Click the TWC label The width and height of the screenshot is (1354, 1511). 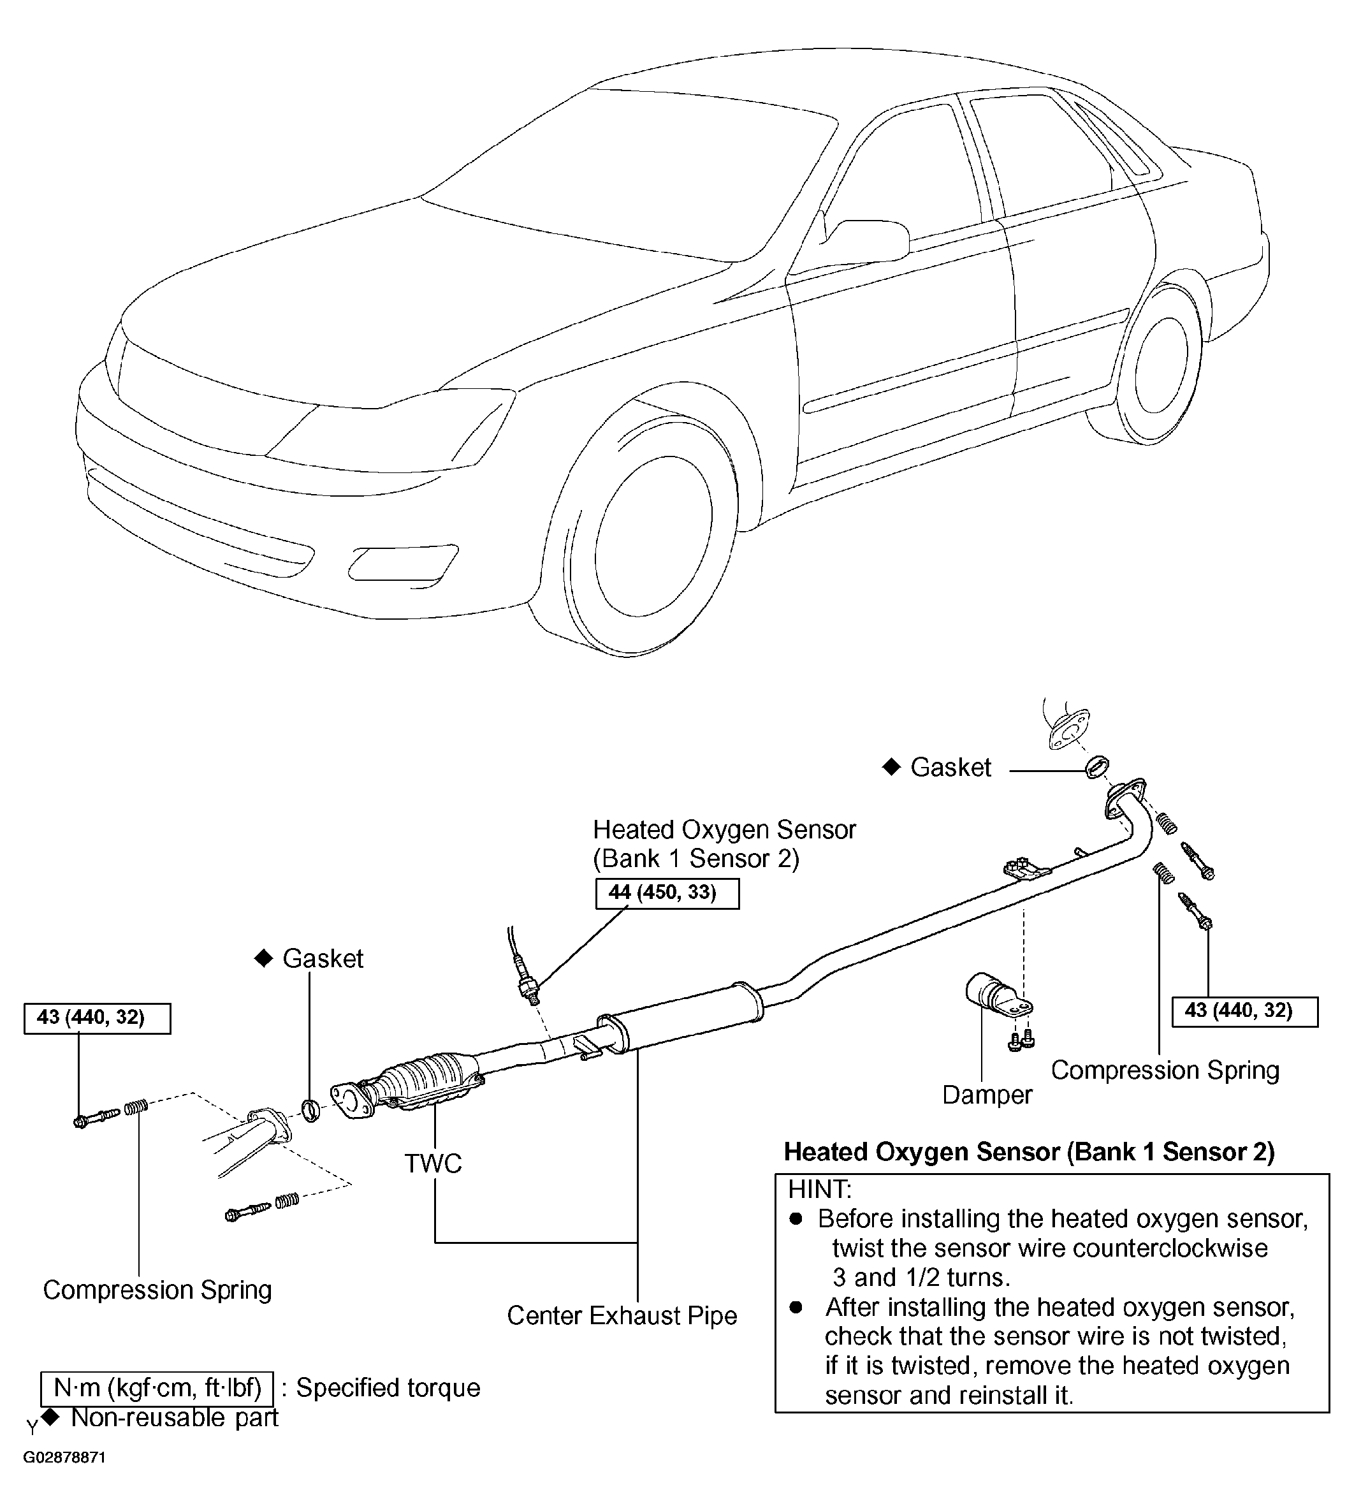[433, 1163]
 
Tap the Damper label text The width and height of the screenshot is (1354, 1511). [987, 1095]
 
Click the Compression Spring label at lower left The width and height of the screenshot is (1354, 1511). [157, 1289]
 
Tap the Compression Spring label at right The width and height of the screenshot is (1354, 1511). [1166, 1070]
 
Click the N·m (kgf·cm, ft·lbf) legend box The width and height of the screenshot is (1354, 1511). [157, 1388]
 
